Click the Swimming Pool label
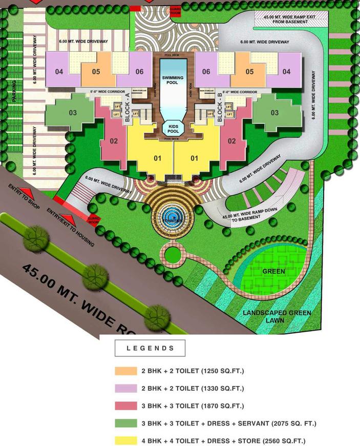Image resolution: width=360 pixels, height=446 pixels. (x=174, y=80)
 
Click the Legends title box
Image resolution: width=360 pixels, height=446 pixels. (x=150, y=348)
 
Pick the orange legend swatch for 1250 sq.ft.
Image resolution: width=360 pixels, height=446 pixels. (x=126, y=371)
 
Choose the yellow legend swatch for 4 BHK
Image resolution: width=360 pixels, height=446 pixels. (x=126, y=441)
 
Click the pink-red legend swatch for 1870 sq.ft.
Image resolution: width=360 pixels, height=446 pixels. (x=126, y=406)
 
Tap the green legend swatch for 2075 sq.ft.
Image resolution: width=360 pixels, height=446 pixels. (x=126, y=423)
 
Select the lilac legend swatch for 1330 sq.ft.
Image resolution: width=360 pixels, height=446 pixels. (x=126, y=388)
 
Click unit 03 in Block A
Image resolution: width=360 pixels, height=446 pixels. (x=73, y=113)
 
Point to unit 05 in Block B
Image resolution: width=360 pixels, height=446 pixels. (x=250, y=72)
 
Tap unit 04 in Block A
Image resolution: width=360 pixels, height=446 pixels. (x=60, y=72)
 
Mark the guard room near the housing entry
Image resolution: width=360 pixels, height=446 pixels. (x=93, y=220)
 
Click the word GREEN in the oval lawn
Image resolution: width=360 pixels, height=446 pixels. (x=273, y=271)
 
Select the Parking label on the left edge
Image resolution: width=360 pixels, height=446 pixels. (x=14, y=91)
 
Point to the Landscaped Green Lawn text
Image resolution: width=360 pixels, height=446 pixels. (x=277, y=316)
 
